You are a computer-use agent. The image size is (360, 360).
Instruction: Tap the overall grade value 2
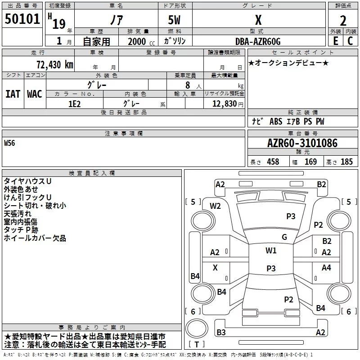(x=343, y=21)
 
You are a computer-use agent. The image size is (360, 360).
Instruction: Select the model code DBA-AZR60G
(x=258, y=41)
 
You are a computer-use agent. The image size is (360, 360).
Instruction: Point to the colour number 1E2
(x=74, y=103)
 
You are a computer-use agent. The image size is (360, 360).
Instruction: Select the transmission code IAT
(x=13, y=94)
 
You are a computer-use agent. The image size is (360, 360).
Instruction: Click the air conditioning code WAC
(x=34, y=94)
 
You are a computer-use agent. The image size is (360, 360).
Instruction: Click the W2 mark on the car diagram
(x=216, y=206)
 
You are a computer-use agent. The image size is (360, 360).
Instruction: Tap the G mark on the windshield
(x=284, y=237)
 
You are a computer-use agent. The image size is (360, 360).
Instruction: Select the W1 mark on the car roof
(x=271, y=251)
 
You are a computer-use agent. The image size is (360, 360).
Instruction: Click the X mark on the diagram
(x=215, y=267)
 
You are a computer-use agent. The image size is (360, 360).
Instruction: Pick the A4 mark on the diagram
(x=326, y=267)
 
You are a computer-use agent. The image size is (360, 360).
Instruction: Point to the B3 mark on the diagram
(x=221, y=332)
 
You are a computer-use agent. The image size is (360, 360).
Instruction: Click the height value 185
(x=347, y=162)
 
